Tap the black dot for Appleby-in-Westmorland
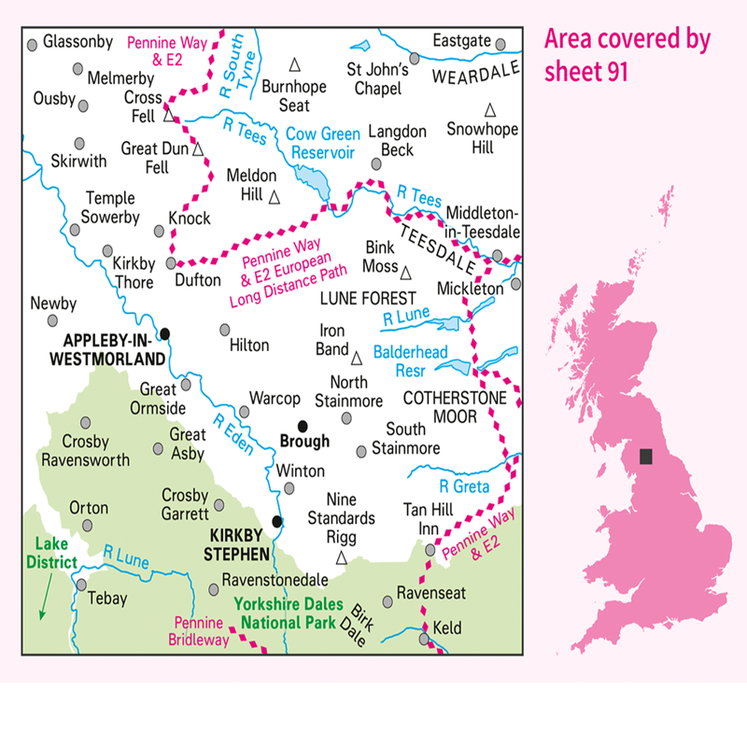click(x=165, y=333)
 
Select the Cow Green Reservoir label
click(x=323, y=142)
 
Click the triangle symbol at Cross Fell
click(x=169, y=117)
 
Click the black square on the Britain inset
click(x=645, y=457)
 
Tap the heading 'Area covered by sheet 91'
click(x=627, y=55)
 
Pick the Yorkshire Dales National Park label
click(x=289, y=613)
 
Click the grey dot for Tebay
click(x=82, y=585)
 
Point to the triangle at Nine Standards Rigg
click(x=341, y=558)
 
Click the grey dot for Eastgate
click(x=500, y=44)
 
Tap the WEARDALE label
click(x=476, y=73)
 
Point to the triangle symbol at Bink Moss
click(x=406, y=272)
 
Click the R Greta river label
click(x=465, y=486)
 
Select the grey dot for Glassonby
click(x=33, y=44)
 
